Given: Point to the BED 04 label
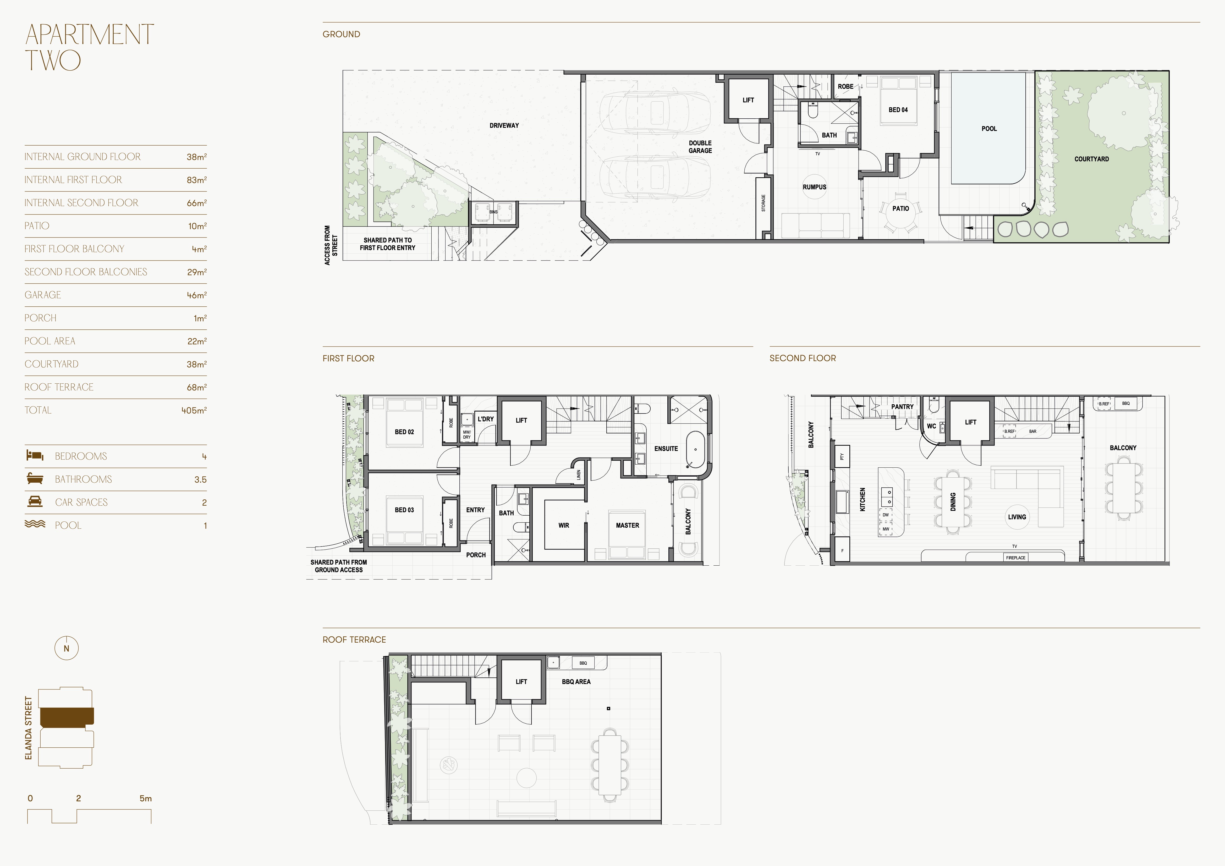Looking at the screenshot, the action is pyautogui.click(x=898, y=110).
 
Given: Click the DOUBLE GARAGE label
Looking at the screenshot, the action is pyautogui.click(x=700, y=147).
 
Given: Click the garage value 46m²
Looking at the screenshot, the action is pyautogui.click(x=196, y=295).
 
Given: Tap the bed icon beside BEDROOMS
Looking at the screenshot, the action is pyautogui.click(x=35, y=456).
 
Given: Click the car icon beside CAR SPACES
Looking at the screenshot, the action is pyautogui.click(x=35, y=501).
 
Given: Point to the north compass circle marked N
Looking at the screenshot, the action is pyautogui.click(x=66, y=648).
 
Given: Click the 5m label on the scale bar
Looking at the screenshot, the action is pyautogui.click(x=146, y=798).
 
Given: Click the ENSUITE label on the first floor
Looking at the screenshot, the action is pyautogui.click(x=666, y=449).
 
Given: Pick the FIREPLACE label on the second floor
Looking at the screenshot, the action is pyautogui.click(x=1015, y=558).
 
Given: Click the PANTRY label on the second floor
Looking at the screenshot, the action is pyautogui.click(x=902, y=407).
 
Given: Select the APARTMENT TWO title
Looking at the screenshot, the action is pyautogui.click(x=90, y=47).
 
